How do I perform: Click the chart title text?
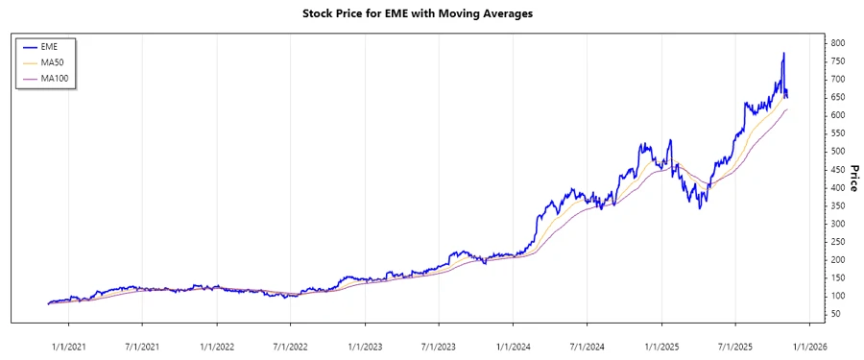click(431, 13)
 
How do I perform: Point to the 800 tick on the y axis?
click(838, 43)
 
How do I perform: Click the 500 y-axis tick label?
click(838, 152)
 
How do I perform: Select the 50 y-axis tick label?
click(835, 314)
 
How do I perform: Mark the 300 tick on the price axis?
click(838, 224)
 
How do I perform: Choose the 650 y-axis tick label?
click(838, 97)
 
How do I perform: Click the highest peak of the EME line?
click(783, 54)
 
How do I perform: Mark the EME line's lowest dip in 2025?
click(700, 208)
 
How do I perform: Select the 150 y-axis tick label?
click(838, 277)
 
